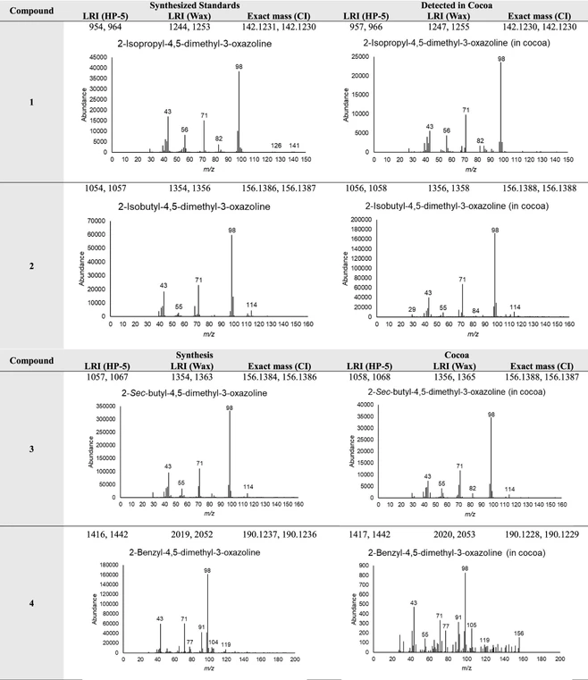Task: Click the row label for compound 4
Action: [31, 603]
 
